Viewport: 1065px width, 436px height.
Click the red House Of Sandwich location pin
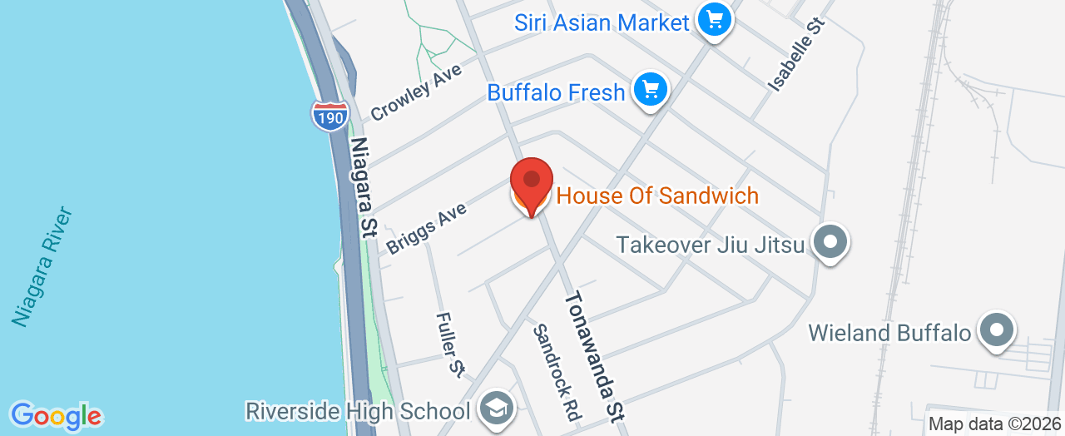coord(531,181)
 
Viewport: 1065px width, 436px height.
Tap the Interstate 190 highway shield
coord(330,116)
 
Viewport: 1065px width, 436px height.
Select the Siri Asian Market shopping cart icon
coord(714,20)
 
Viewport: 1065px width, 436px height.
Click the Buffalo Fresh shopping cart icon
coord(651,90)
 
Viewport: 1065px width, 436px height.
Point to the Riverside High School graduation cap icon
coord(498,409)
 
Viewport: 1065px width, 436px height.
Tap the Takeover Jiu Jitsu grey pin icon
coord(830,243)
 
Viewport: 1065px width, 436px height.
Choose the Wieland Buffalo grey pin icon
coord(996,331)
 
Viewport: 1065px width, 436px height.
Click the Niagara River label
coord(43,266)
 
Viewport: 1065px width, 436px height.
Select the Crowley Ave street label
coord(415,93)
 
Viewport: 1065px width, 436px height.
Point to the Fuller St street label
coord(449,342)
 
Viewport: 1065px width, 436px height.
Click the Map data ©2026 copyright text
coord(994,424)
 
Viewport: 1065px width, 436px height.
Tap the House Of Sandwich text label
coord(657,196)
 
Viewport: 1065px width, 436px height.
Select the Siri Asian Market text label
coord(602,22)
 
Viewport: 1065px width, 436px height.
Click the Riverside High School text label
coord(359,410)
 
